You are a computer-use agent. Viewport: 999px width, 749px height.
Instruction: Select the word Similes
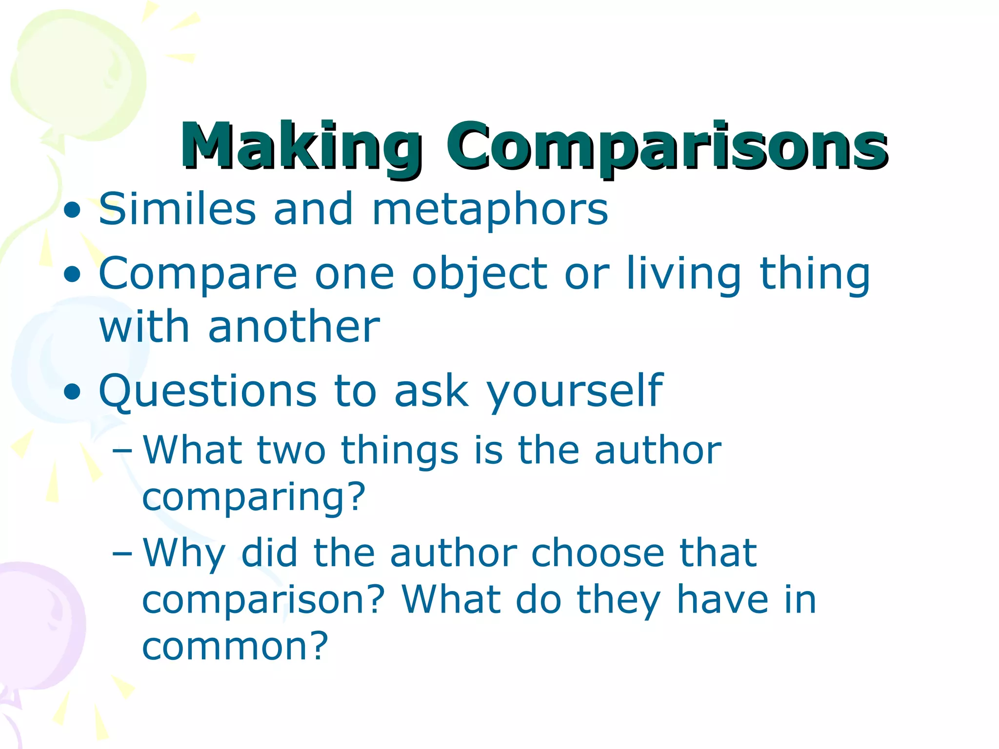point(177,209)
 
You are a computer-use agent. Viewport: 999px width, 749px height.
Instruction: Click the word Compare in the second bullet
point(198,275)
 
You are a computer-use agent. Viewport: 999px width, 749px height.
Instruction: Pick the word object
point(480,275)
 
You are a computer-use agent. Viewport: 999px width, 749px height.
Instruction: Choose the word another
point(294,327)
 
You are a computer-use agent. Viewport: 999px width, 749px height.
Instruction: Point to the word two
point(291,450)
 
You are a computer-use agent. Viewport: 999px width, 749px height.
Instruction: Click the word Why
point(184,554)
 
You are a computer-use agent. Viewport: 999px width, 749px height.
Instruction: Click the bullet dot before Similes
point(72,211)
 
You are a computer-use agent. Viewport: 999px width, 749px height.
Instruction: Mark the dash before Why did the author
point(121,553)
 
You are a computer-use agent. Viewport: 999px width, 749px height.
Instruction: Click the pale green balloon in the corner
point(78,73)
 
